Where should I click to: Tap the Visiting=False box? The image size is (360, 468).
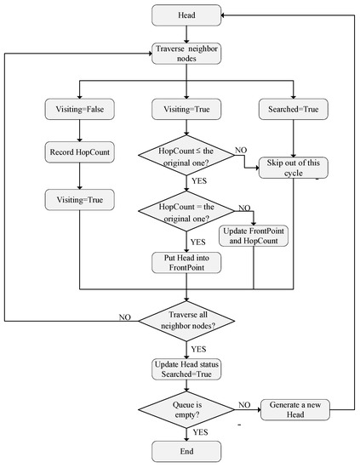(x=78, y=108)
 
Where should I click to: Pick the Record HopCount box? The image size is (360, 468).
(x=78, y=153)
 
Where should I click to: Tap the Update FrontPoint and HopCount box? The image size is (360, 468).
(x=253, y=236)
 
